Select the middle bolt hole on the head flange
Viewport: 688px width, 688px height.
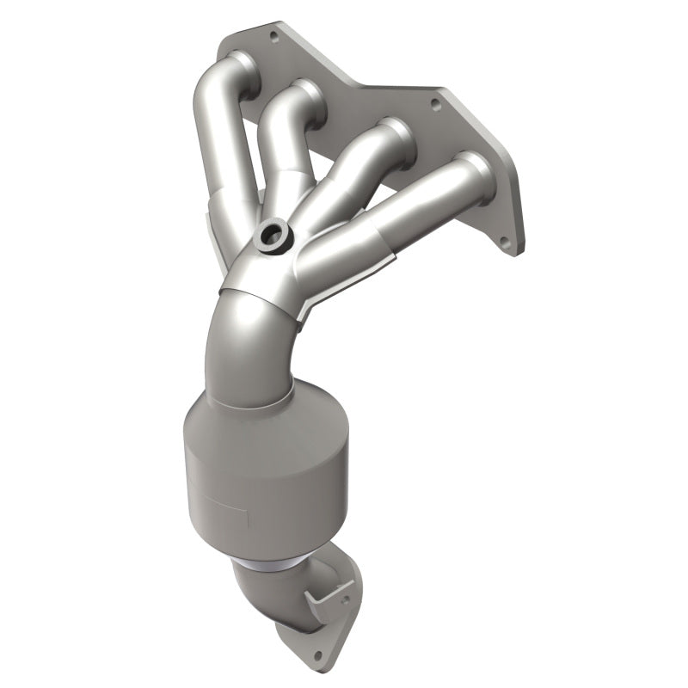434,105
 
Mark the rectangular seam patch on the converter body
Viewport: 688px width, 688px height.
232,507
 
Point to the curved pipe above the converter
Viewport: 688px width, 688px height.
258,344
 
